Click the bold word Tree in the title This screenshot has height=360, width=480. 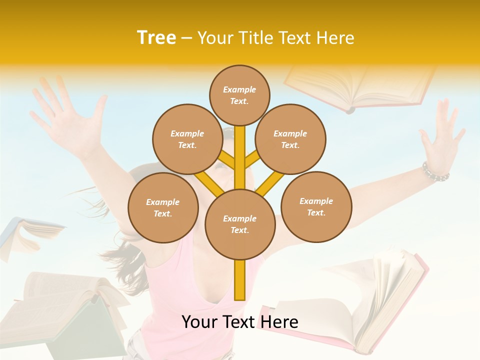click(x=156, y=38)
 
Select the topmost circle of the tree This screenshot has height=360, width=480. click(x=239, y=95)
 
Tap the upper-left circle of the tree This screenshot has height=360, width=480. click(x=187, y=139)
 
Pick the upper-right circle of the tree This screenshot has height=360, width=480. click(x=290, y=139)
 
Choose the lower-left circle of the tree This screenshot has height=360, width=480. click(x=163, y=207)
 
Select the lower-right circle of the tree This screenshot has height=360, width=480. click(x=316, y=206)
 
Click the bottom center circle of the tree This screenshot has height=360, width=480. click(x=240, y=224)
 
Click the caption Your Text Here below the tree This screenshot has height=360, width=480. click(x=240, y=322)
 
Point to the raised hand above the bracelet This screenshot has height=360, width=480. click(x=442, y=135)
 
